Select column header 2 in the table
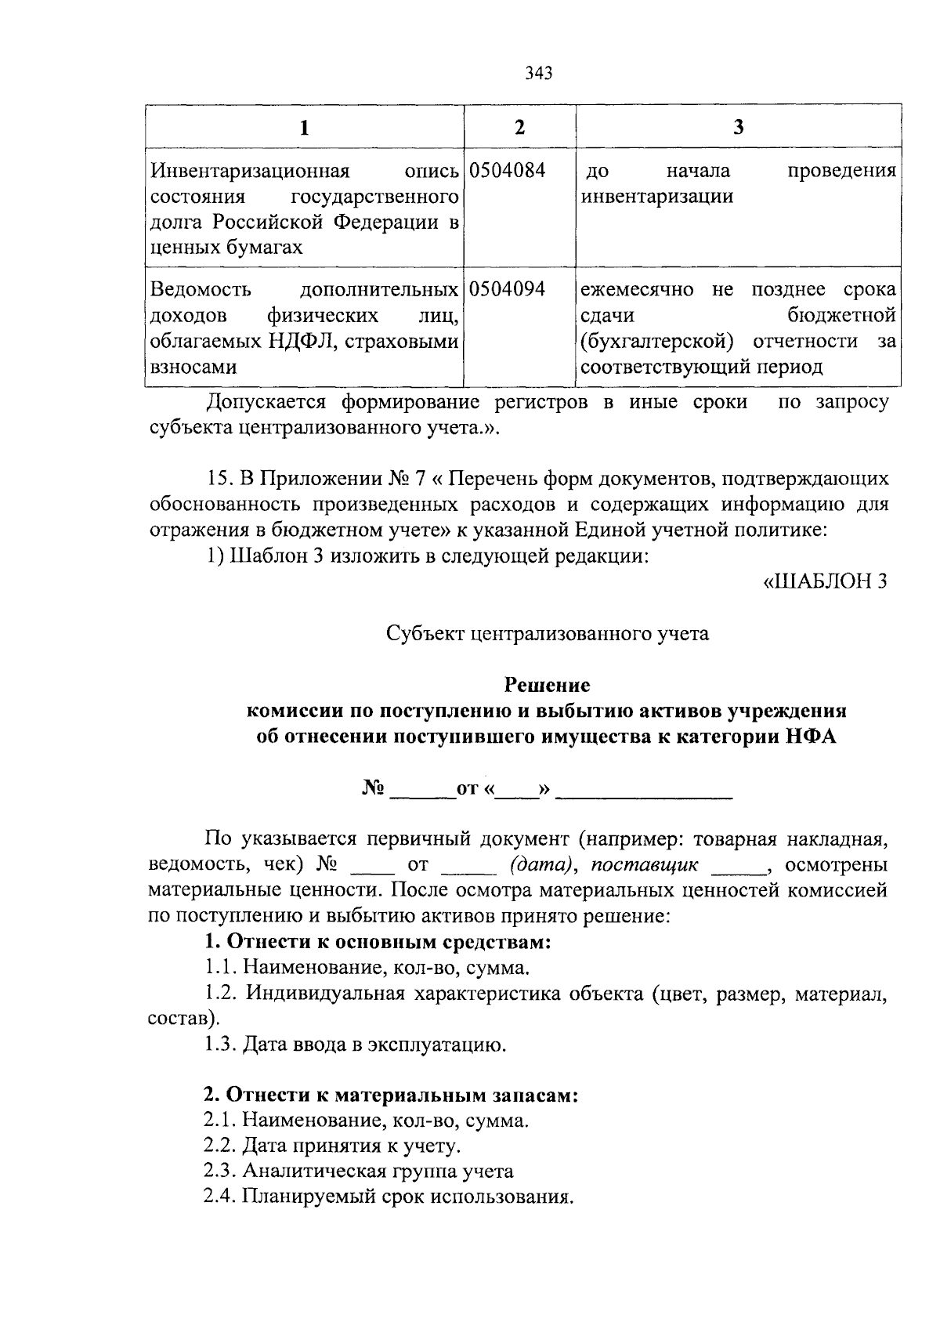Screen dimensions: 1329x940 519,127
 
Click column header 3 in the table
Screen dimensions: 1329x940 738,127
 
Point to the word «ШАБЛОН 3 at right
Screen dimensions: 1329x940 825,581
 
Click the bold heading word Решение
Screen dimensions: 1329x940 546,685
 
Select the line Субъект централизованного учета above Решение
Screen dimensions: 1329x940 548,633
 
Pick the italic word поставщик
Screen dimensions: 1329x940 644,865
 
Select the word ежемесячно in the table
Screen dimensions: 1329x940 637,290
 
